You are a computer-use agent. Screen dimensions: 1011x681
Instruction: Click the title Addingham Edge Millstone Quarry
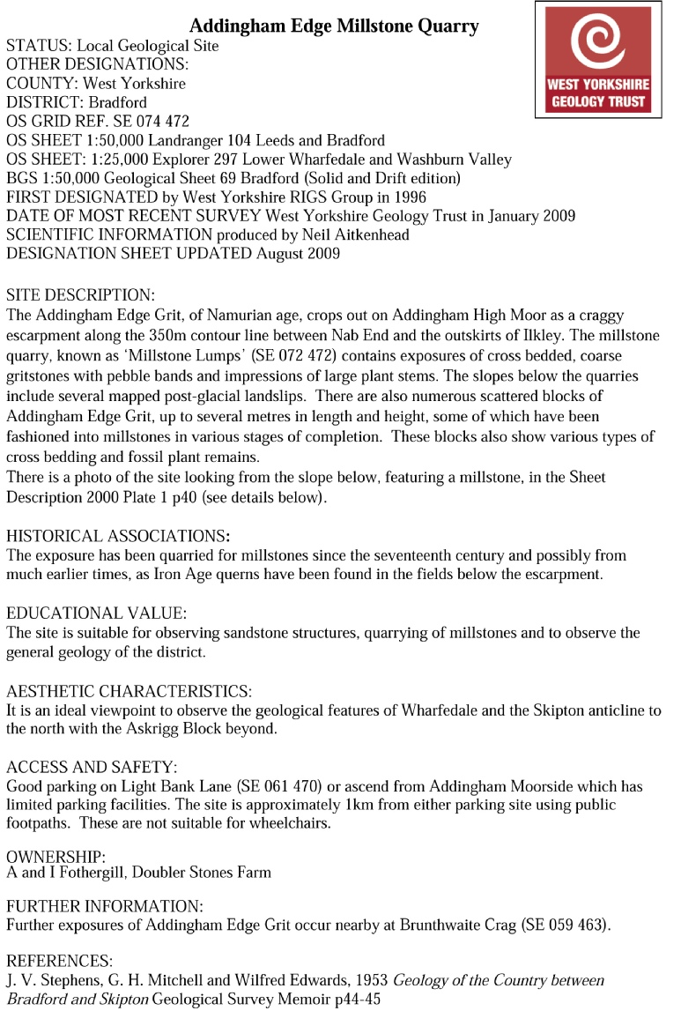point(334,26)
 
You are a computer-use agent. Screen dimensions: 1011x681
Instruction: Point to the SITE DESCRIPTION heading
point(80,294)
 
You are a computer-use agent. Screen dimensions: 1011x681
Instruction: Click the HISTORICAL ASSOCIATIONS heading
point(118,536)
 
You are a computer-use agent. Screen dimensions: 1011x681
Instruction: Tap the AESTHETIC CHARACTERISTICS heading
point(129,691)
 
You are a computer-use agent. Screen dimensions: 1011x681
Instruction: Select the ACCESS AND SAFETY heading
point(92,767)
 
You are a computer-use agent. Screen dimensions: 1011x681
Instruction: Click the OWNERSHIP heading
point(56,857)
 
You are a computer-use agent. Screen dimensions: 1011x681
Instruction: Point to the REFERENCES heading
point(58,961)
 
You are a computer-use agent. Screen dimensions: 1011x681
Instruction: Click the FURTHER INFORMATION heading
point(104,906)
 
